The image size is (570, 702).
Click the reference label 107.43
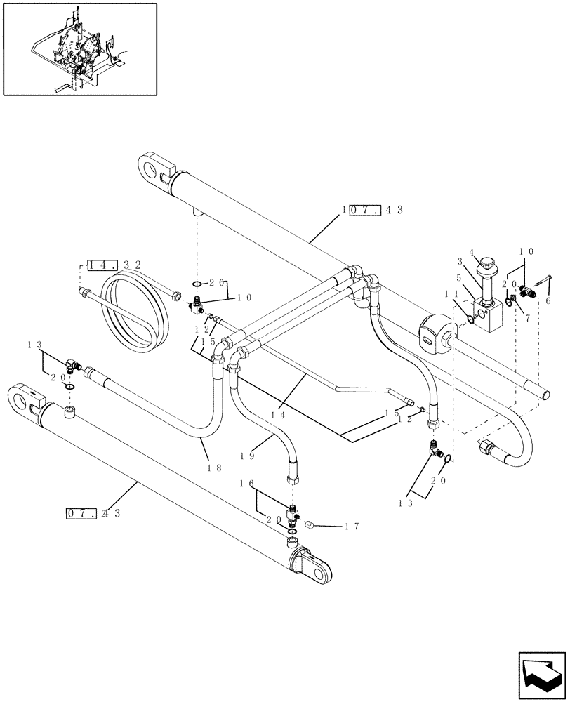click(373, 210)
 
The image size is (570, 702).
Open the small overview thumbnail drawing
click(79, 49)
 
